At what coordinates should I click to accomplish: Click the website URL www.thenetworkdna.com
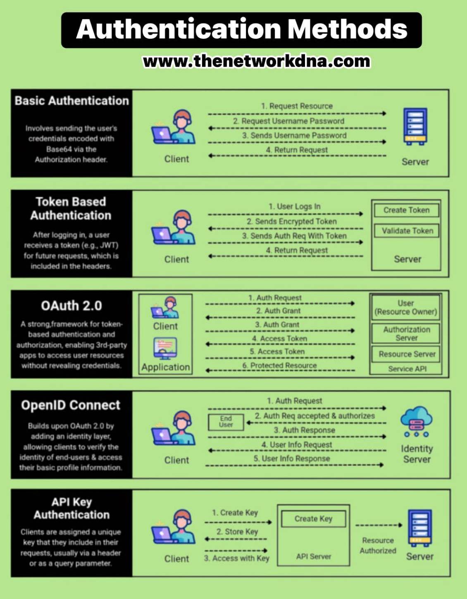[257, 61]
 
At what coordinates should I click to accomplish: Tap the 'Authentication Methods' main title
[242, 29]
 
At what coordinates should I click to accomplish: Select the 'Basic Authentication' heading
[71, 100]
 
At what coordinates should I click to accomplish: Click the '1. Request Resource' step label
[297, 106]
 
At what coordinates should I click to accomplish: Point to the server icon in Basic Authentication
[415, 126]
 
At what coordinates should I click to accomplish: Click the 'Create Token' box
[406, 210]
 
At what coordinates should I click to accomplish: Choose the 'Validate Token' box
[406, 231]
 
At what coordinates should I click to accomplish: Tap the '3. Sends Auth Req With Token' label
[294, 236]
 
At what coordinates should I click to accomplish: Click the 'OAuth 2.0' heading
[71, 306]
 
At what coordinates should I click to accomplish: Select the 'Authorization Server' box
[406, 334]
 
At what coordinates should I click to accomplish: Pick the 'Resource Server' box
[406, 354]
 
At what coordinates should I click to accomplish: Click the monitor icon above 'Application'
[165, 348]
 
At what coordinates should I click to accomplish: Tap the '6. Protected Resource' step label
[279, 365]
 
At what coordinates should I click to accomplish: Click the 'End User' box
[226, 422]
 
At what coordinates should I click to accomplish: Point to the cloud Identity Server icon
[416, 422]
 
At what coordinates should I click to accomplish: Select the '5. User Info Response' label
[291, 459]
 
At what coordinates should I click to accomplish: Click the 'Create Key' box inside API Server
[314, 519]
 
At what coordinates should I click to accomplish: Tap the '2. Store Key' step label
[237, 532]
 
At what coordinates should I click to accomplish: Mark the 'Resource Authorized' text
[378, 546]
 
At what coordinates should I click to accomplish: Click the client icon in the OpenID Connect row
[173, 428]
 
